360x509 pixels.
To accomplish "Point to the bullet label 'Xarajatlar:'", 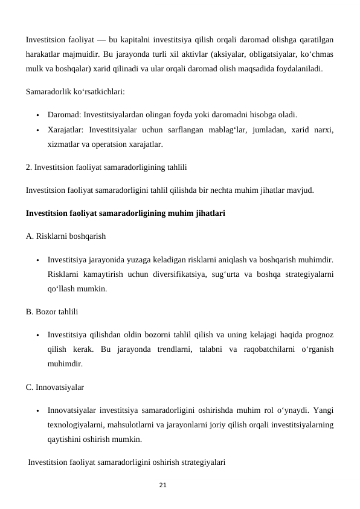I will (x=66, y=129).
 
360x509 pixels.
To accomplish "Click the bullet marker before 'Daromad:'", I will (x=37, y=114).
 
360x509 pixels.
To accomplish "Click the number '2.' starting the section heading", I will (x=29, y=166).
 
